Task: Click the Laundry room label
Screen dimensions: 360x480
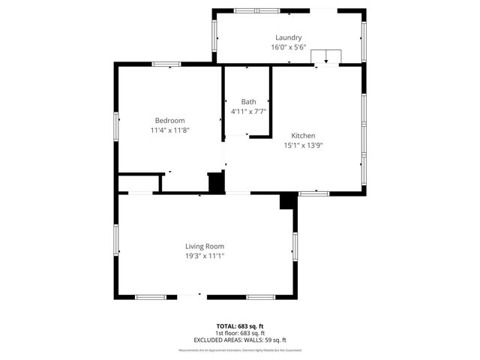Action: click(288, 37)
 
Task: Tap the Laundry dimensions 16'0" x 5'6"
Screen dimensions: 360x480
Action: click(288, 47)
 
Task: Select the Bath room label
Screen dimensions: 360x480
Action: click(248, 101)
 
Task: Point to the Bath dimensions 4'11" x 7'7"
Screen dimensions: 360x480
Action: click(248, 111)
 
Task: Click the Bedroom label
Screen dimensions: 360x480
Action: click(169, 120)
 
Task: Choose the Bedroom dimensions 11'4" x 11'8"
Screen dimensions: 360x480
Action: click(169, 130)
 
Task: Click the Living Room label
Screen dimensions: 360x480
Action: click(205, 246)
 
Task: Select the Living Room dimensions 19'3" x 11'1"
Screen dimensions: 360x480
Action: click(205, 256)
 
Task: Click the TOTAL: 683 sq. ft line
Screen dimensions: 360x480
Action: click(240, 326)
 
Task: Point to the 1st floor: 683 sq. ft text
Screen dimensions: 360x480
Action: click(240, 333)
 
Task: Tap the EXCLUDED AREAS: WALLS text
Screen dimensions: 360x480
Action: click(240, 340)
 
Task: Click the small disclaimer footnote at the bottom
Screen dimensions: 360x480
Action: click(240, 350)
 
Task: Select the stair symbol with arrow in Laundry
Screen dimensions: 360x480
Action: click(326, 58)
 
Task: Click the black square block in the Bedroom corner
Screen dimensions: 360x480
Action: click(216, 182)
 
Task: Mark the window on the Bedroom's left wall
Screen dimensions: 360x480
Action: click(116, 126)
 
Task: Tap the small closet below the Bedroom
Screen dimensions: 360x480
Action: click(139, 184)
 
